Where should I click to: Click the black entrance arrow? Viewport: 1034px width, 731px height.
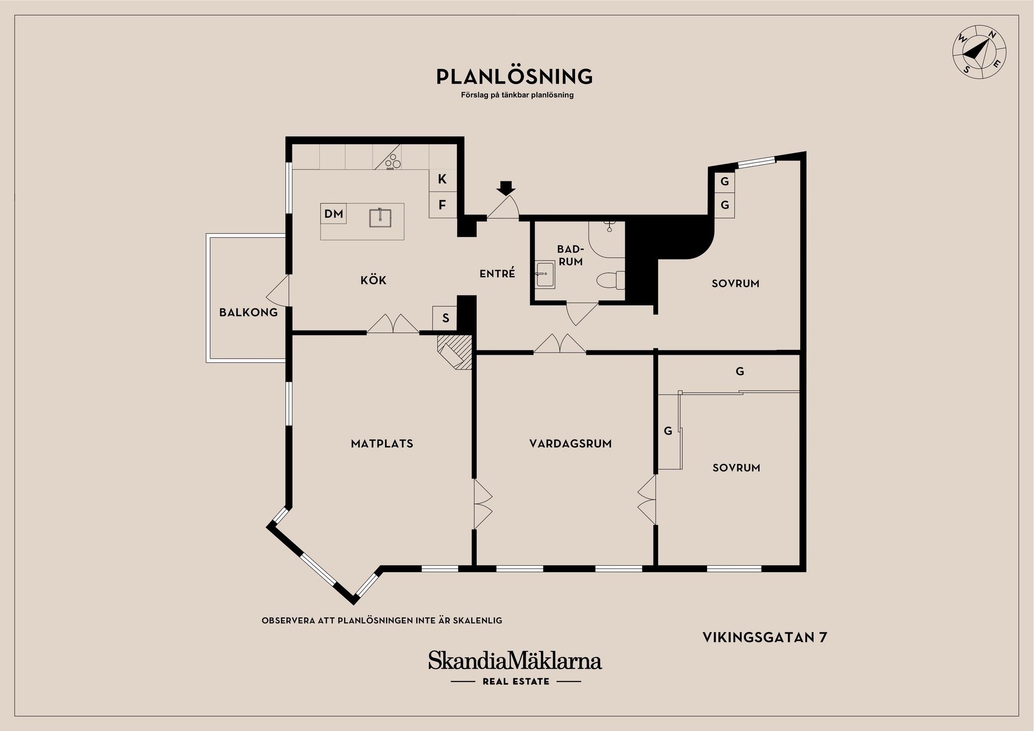click(506, 188)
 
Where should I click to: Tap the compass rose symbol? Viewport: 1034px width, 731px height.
click(979, 59)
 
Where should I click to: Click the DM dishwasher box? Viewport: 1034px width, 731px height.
click(333, 214)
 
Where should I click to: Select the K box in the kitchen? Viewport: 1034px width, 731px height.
click(442, 179)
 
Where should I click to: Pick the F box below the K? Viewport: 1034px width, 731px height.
click(442, 205)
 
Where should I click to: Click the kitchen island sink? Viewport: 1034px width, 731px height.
click(380, 217)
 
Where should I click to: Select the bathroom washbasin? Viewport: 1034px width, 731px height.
click(544, 275)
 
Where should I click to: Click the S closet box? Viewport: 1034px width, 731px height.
click(445, 318)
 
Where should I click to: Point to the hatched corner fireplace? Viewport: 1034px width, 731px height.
click(456, 352)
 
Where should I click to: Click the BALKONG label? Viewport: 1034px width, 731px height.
click(248, 312)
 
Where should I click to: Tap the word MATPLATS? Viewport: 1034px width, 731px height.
click(382, 444)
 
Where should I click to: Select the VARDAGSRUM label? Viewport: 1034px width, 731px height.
click(570, 444)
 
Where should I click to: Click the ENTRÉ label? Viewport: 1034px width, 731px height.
click(497, 273)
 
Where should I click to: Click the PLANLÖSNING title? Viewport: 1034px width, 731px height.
click(514, 76)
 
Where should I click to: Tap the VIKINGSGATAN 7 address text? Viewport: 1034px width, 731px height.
click(765, 637)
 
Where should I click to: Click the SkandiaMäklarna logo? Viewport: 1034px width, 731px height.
click(515, 661)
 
